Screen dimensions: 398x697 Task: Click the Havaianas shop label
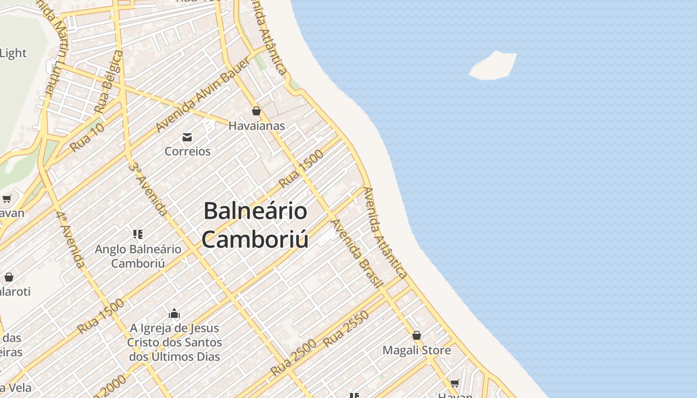(256, 126)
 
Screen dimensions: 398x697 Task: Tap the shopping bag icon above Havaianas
(256, 111)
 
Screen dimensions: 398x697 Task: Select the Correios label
(188, 151)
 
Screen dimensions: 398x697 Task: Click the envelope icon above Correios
(187, 137)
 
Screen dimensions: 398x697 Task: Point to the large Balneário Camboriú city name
(255, 225)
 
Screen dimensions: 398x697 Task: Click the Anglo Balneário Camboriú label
(138, 256)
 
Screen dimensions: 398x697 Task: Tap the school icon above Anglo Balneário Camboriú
(138, 234)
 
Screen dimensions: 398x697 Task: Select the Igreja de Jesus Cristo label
(174, 342)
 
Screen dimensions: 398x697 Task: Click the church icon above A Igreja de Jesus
(174, 313)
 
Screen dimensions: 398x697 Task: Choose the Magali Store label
(417, 350)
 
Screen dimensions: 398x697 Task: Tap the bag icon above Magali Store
(417, 335)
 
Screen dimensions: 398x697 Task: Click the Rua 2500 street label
(294, 358)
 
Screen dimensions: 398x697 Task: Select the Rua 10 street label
(87, 137)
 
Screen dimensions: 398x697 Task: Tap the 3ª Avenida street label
(148, 189)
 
